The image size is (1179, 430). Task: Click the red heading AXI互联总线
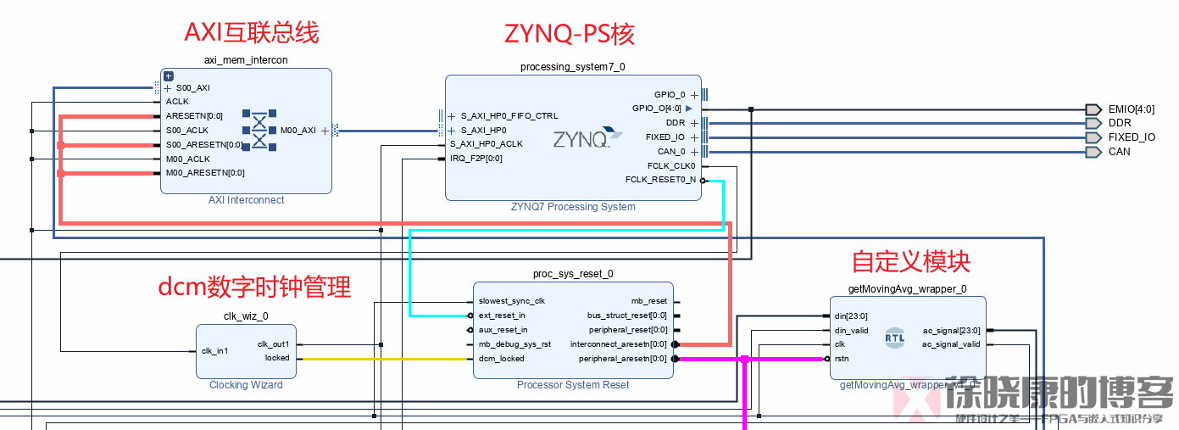pyautogui.click(x=252, y=32)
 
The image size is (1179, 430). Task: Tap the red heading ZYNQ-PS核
pyautogui.click(x=570, y=33)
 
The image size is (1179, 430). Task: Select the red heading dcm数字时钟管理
pyautogui.click(x=254, y=287)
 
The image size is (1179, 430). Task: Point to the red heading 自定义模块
pyautogui.click(x=911, y=261)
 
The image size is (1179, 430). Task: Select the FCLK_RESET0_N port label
pyautogui.click(x=659, y=180)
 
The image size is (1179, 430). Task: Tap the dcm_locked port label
pyautogui.click(x=501, y=359)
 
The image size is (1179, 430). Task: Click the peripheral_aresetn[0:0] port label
pyautogui.click(x=623, y=359)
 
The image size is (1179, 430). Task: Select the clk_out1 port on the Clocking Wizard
pyautogui.click(x=273, y=344)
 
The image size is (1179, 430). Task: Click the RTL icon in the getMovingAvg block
pyautogui.click(x=894, y=337)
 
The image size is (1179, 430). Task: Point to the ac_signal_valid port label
pyautogui.click(x=951, y=344)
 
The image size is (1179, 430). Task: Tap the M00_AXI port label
pyautogui.click(x=298, y=131)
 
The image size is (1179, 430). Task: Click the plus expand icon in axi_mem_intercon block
pyautogui.click(x=168, y=76)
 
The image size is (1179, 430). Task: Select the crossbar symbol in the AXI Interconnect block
pyautogui.click(x=259, y=131)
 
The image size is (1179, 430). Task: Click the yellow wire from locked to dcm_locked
pyautogui.click(x=381, y=359)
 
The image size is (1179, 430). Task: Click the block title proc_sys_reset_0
pyautogui.click(x=573, y=274)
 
